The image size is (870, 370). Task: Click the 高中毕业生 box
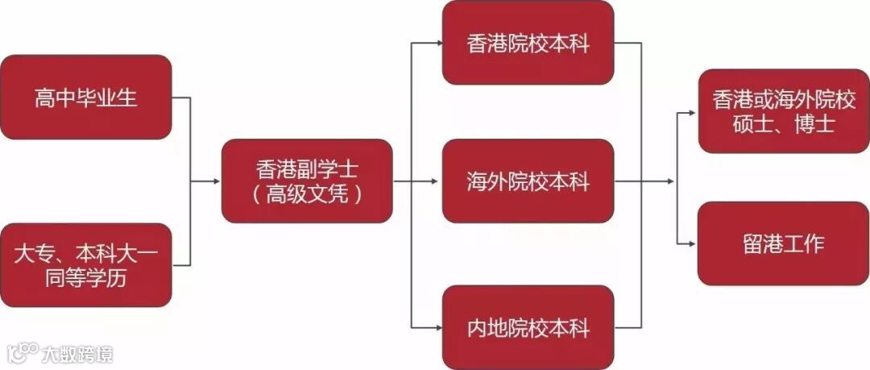tap(86, 97)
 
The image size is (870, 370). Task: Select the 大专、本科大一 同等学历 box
tap(86, 265)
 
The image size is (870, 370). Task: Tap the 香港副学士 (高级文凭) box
tap(307, 181)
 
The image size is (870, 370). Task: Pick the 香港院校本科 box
tap(528, 43)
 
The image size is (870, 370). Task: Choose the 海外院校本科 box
tap(528, 181)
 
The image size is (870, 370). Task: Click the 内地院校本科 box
tap(528, 327)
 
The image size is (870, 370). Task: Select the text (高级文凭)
tap(307, 194)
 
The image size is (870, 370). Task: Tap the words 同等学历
tap(86, 279)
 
